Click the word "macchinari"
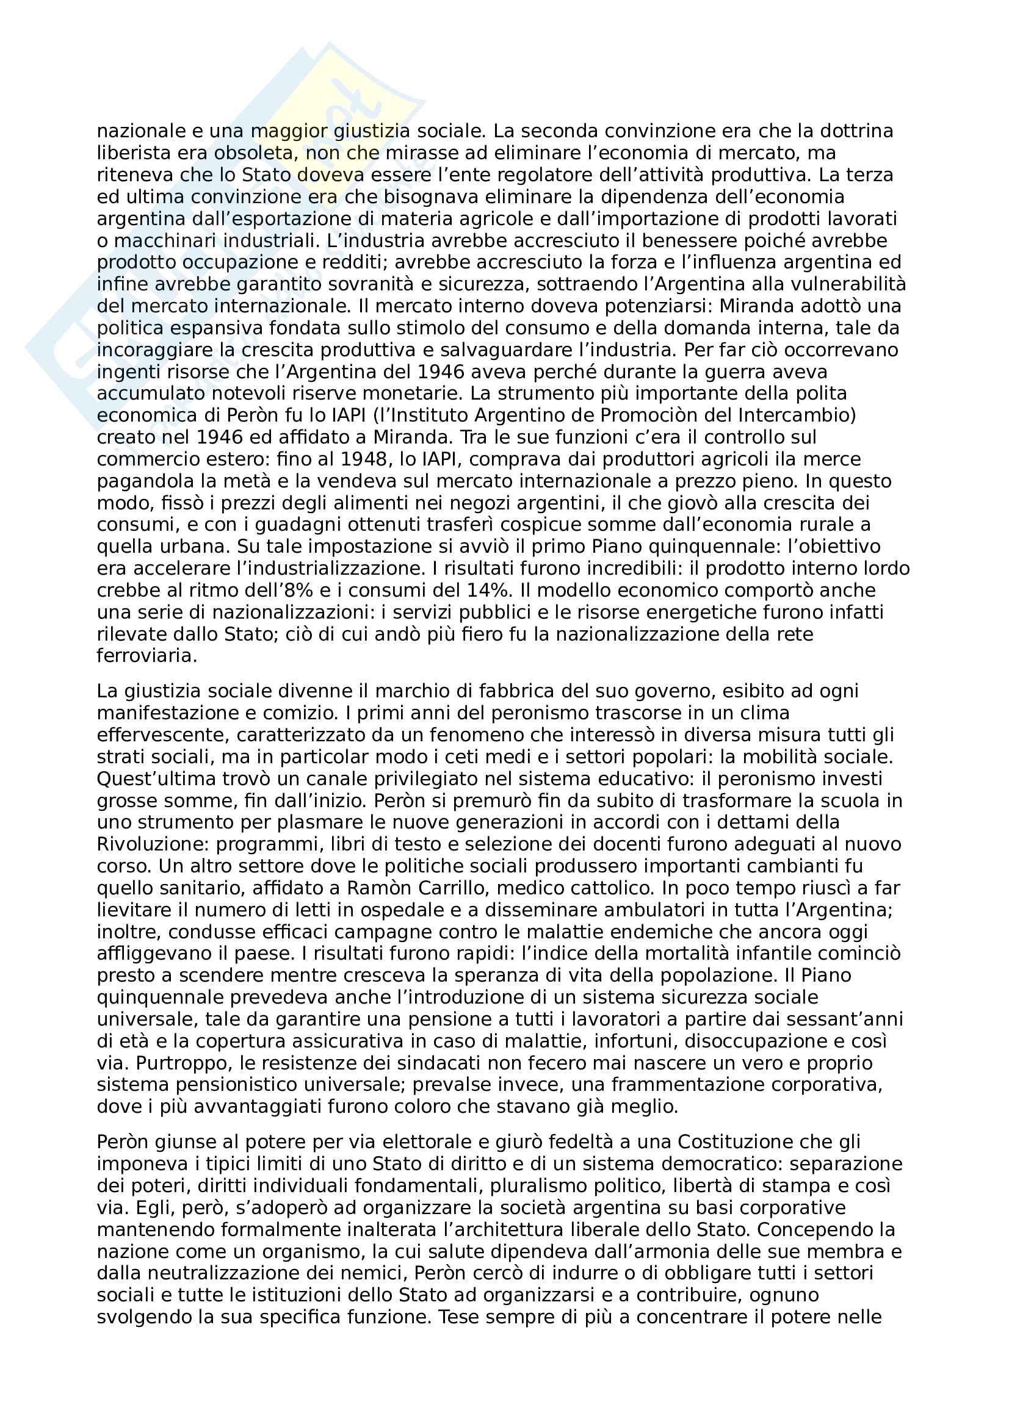pos(165,240)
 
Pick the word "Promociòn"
pos(678,415)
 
